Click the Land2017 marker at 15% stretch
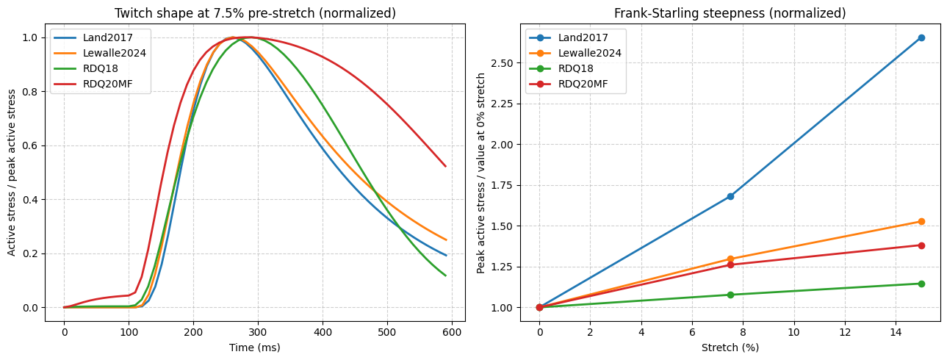point(921,38)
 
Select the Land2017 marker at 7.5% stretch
point(730,196)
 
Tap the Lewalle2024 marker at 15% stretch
point(921,222)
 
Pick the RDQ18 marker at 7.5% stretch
point(730,295)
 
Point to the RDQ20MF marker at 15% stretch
point(921,246)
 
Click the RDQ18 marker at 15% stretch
point(921,284)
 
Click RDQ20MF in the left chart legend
point(108,84)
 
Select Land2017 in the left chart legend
point(108,38)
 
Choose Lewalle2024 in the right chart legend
point(590,53)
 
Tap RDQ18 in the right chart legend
point(576,68)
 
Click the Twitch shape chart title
point(256,13)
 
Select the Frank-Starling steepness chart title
point(730,13)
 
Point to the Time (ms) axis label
point(255,348)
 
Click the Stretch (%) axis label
point(730,348)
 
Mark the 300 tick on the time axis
point(258,333)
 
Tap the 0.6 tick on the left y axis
point(29,145)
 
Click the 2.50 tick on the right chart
point(502,63)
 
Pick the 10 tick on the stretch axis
point(794,333)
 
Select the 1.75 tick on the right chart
point(502,185)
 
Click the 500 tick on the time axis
point(387,333)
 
